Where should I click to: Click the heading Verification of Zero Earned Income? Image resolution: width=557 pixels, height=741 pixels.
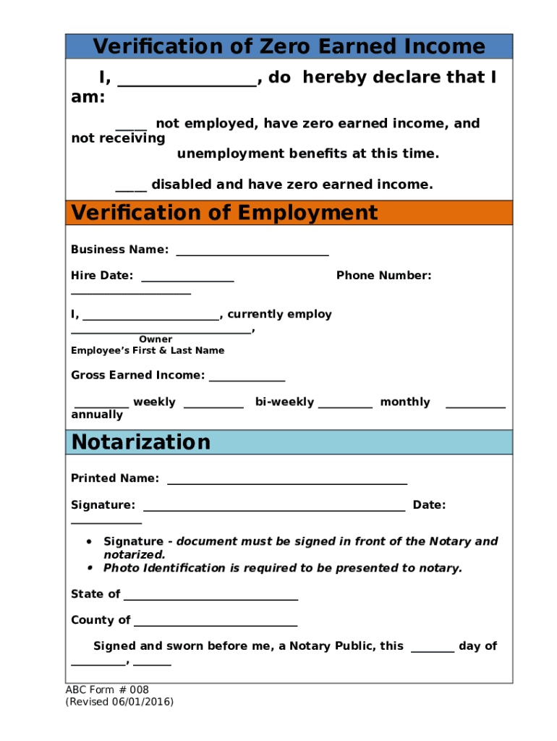pyautogui.click(x=289, y=47)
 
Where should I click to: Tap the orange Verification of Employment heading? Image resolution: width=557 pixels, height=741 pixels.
pyautogui.click(x=224, y=213)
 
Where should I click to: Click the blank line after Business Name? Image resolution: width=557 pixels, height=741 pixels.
pyautogui.click(x=252, y=254)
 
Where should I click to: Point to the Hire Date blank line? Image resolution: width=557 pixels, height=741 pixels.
pyautogui.click(x=187, y=280)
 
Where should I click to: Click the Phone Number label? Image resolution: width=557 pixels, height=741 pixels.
pyautogui.click(x=383, y=276)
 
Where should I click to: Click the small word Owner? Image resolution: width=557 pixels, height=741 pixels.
pyautogui.click(x=156, y=339)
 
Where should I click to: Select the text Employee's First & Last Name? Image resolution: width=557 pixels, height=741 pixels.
pyautogui.click(x=148, y=351)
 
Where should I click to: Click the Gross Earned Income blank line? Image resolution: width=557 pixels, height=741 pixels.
pyautogui.click(x=247, y=379)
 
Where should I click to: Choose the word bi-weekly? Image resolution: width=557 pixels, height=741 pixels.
pyautogui.click(x=284, y=402)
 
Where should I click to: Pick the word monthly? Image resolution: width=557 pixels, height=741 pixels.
pyautogui.click(x=404, y=402)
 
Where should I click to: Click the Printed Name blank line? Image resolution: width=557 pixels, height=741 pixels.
pyautogui.click(x=286, y=483)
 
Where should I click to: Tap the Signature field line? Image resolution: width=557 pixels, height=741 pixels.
pyautogui.click(x=273, y=509)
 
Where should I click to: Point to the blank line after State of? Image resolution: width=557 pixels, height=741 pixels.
pyautogui.click(x=211, y=598)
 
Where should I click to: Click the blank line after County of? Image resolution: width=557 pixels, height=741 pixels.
pyautogui.click(x=216, y=624)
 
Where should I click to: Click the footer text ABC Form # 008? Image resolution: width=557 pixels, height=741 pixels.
pyautogui.click(x=107, y=690)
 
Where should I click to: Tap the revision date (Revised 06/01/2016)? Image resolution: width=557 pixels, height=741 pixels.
pyautogui.click(x=119, y=702)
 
